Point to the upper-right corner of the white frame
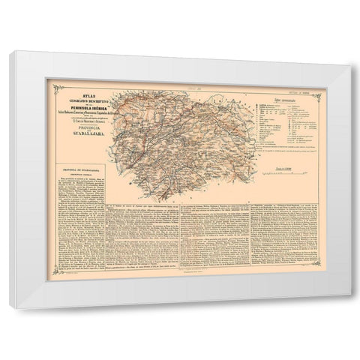tap(346, 52)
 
